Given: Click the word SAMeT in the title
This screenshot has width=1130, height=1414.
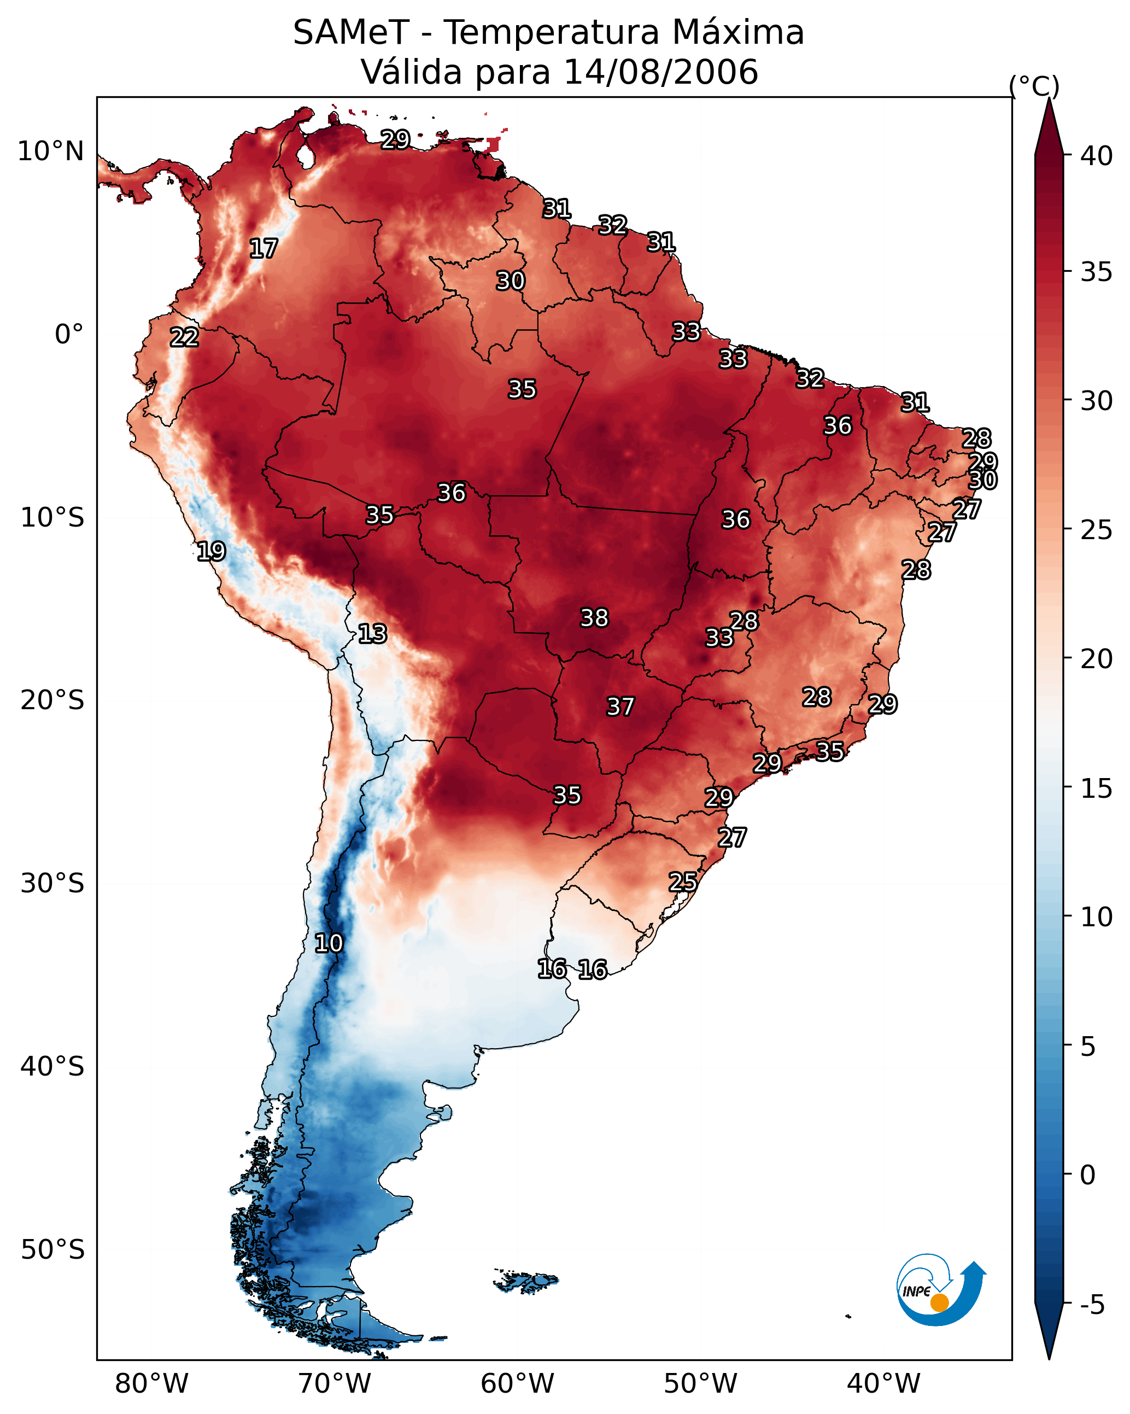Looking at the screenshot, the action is (x=352, y=33).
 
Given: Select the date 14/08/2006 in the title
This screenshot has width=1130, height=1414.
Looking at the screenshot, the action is (x=661, y=72).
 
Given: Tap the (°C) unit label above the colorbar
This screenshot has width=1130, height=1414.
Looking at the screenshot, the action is (x=1034, y=86).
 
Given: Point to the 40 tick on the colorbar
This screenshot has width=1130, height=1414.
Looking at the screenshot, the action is (x=1097, y=156).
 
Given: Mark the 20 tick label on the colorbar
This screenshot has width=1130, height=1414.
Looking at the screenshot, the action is (x=1097, y=659).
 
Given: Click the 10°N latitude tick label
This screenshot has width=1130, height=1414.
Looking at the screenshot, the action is (x=50, y=151).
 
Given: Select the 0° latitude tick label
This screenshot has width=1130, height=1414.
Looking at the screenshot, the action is (x=69, y=335).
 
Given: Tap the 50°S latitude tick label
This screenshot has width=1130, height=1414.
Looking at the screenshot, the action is (x=52, y=1250).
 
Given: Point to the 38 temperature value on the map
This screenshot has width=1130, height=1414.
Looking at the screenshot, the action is (x=594, y=618).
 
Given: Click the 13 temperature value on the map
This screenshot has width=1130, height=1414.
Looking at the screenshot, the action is (x=372, y=634).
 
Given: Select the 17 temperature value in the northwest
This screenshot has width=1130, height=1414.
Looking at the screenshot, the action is (x=264, y=249).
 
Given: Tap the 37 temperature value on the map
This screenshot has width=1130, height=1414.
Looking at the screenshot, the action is (x=620, y=706).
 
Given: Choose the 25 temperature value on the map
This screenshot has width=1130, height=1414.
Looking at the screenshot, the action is (x=683, y=881).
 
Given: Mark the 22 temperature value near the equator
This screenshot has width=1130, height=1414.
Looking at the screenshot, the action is (x=184, y=337).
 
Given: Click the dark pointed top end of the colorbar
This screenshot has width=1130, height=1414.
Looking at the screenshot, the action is (x=1049, y=98).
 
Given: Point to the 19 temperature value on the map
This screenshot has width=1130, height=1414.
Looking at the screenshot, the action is (x=211, y=551).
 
